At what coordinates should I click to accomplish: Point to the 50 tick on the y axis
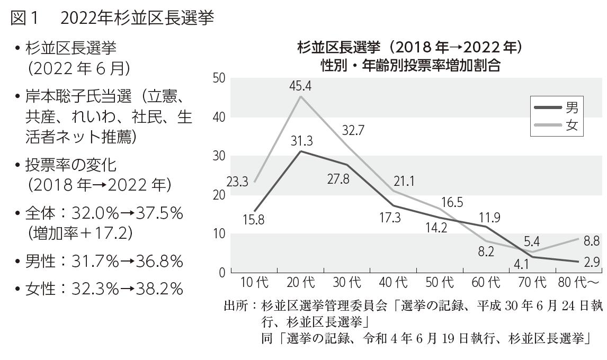coord(219,78)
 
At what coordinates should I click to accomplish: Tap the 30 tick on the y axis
coord(219,156)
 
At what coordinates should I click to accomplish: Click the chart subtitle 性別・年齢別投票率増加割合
coord(410,66)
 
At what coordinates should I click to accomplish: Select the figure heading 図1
coord(24,19)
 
